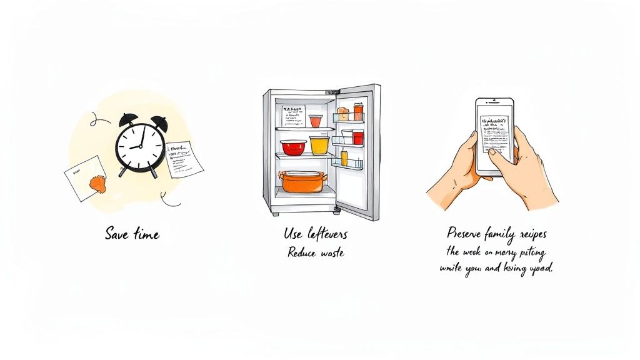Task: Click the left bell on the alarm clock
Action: pos(128,118)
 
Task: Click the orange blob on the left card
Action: pos(98,182)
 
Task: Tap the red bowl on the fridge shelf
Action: pos(293,147)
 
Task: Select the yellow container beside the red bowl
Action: pos(319,145)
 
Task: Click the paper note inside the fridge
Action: pos(292,117)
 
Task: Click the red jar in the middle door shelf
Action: pos(357,137)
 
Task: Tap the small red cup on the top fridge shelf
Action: pos(315,121)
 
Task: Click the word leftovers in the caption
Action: pos(326,234)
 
